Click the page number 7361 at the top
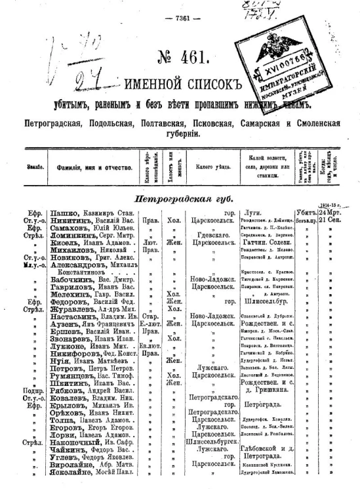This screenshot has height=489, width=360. [x=180, y=18]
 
